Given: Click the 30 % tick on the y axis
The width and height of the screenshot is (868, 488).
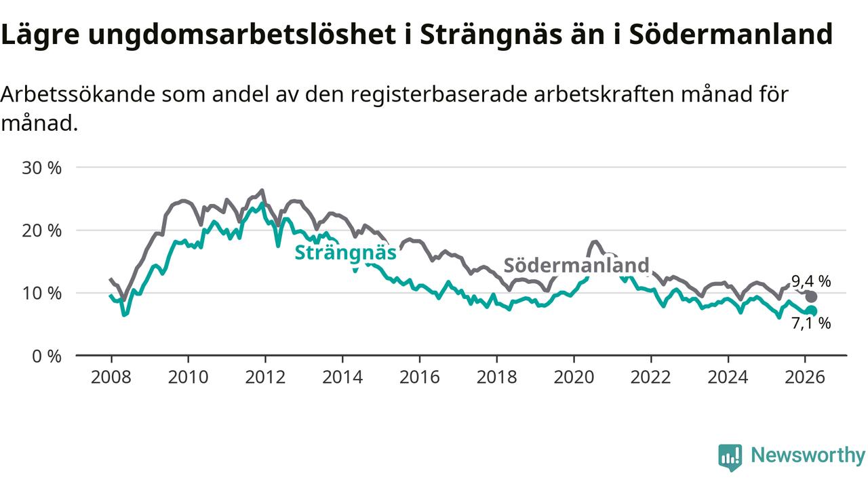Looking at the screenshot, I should pyautogui.click(x=41, y=167).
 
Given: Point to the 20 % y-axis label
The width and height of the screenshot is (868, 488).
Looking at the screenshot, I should pyautogui.click(x=41, y=230).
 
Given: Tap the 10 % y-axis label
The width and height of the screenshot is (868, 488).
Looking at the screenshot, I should pyautogui.click(x=41, y=293).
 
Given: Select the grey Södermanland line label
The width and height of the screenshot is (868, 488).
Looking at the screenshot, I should pyautogui.click(x=576, y=265).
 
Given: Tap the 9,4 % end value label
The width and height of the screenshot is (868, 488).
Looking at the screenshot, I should pyautogui.click(x=811, y=281).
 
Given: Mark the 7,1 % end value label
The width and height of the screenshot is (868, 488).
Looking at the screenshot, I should pyautogui.click(x=811, y=323).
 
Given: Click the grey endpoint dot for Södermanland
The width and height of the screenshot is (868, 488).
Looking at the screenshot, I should pyautogui.click(x=811, y=296).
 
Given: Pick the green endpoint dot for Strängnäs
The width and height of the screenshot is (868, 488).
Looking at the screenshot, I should pyautogui.click(x=811, y=311).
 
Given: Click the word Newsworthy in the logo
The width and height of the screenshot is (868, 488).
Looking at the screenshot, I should pyautogui.click(x=808, y=455).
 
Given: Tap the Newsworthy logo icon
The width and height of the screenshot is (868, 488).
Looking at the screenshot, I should pyautogui.click(x=730, y=457).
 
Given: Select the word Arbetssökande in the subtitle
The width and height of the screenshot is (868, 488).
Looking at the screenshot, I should pyautogui.click(x=77, y=95).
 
